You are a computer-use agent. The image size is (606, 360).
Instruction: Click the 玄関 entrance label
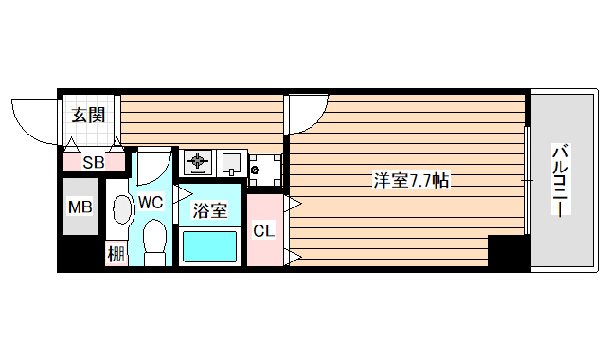tap(88, 116)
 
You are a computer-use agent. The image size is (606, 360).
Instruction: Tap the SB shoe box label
tap(93, 162)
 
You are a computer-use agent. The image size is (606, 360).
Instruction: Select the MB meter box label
tap(80, 207)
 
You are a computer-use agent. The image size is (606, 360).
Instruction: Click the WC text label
tap(151, 201)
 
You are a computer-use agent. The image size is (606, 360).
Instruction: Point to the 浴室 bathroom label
tap(209, 210)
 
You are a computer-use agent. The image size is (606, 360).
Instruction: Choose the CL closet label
tap(264, 229)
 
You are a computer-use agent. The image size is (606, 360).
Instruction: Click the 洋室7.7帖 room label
tap(410, 180)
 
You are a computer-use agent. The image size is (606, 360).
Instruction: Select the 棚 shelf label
tap(116, 253)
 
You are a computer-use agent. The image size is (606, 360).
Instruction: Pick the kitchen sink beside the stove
tap(231, 163)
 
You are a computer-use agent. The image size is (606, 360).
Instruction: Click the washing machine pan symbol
tap(264, 170)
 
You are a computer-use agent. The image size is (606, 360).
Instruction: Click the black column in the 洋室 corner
tap(508, 252)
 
